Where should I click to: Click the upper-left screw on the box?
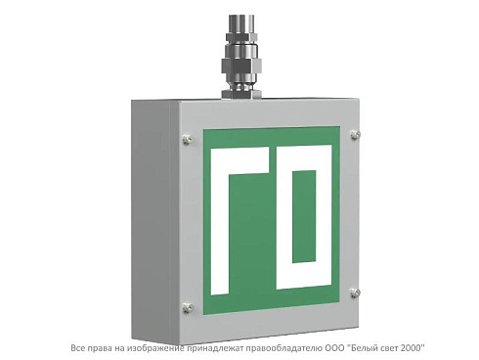coord(187,139)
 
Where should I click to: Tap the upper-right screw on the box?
coord(355,134)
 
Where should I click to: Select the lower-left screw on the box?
coord(187,307)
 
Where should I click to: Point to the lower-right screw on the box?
coord(355,292)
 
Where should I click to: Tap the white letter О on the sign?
coord(304,217)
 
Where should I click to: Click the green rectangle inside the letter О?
coord(304,216)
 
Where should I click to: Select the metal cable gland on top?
coord(240,56)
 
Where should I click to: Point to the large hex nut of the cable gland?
coord(240,67)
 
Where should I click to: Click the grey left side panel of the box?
coord(155,217)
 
